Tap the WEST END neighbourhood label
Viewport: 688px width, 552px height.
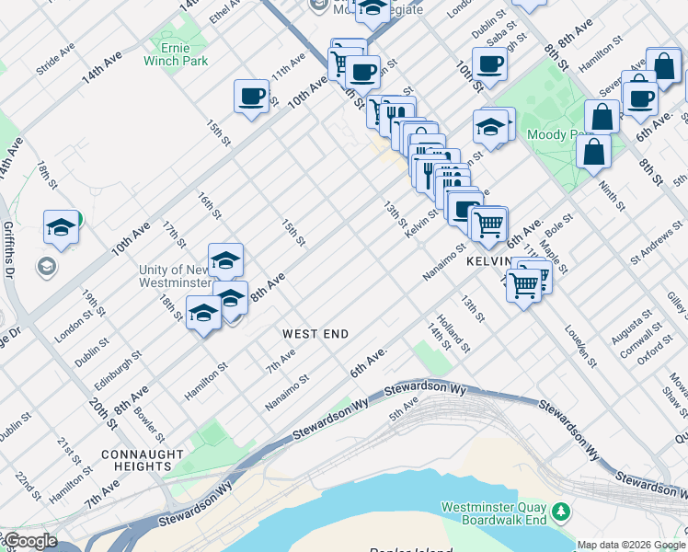pyautogui.click(x=315, y=333)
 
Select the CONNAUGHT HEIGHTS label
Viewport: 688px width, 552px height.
pyautogui.click(x=136, y=460)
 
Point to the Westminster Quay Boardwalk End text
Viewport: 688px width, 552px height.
pyautogui.click(x=494, y=513)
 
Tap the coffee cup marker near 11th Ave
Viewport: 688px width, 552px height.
pyautogui.click(x=251, y=97)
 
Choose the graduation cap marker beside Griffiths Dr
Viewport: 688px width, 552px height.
pyautogui.click(x=61, y=227)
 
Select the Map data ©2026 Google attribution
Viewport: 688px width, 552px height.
pyautogui.click(x=631, y=545)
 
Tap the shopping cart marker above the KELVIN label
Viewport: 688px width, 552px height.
pyautogui.click(x=487, y=223)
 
